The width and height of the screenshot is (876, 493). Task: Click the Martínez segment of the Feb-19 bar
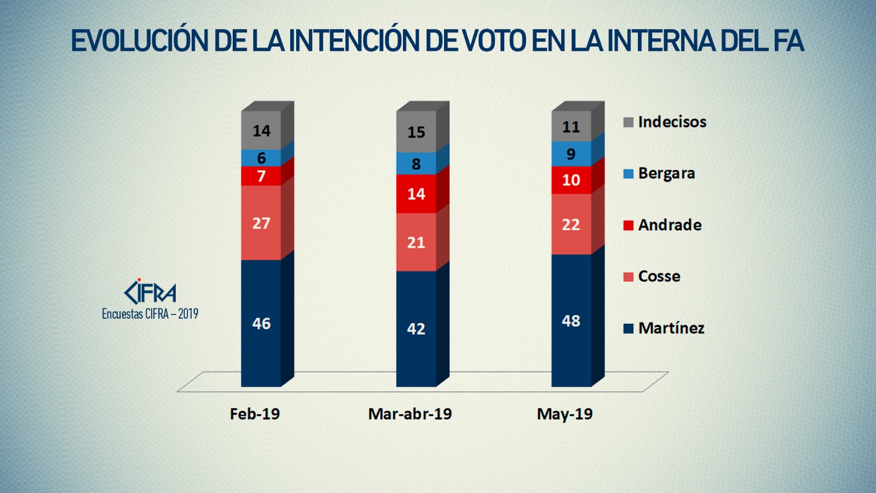(261, 323)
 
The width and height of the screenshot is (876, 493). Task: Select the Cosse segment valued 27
(261, 223)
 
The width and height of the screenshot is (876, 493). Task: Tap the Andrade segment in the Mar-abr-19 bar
(416, 194)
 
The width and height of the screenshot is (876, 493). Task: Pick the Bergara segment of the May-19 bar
(571, 154)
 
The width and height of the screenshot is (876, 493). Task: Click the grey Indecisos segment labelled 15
(416, 132)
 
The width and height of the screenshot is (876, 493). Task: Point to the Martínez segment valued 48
(571, 320)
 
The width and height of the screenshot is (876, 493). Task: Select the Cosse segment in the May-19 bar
(571, 225)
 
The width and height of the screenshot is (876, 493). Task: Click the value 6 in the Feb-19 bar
(261, 158)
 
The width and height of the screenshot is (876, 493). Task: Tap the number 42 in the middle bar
(416, 329)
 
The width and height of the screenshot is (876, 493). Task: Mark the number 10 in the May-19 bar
(571, 180)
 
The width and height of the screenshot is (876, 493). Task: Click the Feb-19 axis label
(255, 414)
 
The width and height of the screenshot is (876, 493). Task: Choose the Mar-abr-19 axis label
(410, 414)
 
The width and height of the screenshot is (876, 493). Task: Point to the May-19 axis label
(565, 414)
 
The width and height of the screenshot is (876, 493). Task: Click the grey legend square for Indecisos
(629, 122)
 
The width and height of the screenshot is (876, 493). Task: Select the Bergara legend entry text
(666, 174)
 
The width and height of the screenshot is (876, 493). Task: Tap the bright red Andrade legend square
(629, 225)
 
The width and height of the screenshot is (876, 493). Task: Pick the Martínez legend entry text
(671, 328)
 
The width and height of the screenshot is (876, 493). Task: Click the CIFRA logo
(150, 291)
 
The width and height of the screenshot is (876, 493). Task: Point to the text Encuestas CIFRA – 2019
(150, 314)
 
